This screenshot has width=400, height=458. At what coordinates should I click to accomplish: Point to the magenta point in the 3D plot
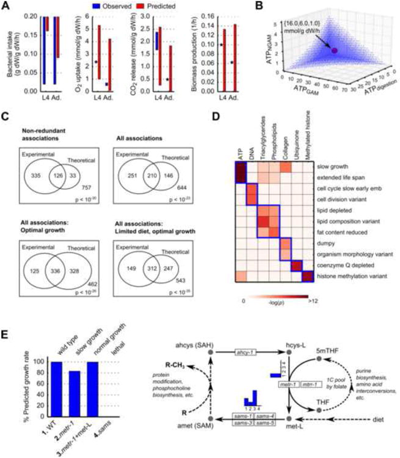pos(334,50)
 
